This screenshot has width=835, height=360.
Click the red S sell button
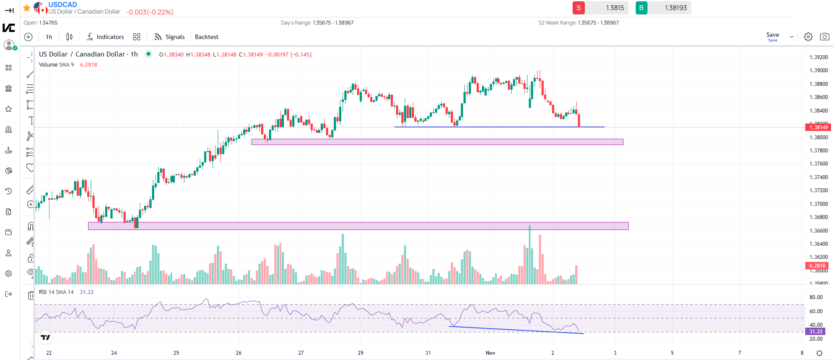tap(578, 8)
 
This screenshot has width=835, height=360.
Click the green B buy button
tap(641, 8)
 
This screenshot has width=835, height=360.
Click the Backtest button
tap(207, 37)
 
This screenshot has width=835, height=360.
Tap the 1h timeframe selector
tap(49, 37)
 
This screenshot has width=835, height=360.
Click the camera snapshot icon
tap(824, 37)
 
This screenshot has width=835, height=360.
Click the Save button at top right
tap(772, 35)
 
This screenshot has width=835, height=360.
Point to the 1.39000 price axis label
tap(818, 71)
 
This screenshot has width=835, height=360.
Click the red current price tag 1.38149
tap(818, 127)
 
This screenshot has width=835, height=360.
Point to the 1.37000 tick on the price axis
tap(818, 204)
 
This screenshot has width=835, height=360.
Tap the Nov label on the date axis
tap(490, 353)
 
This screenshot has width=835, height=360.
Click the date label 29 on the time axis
tap(361, 353)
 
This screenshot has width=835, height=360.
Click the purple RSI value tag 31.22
tap(815, 332)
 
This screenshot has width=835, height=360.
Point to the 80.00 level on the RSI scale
tap(816, 297)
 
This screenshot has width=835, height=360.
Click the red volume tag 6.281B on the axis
tap(817, 266)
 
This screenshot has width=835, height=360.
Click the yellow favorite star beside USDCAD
tap(27, 8)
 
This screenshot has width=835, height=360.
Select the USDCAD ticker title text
tap(63, 4)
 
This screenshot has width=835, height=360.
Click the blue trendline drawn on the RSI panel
tap(517, 330)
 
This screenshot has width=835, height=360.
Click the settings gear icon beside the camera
tap(808, 37)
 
